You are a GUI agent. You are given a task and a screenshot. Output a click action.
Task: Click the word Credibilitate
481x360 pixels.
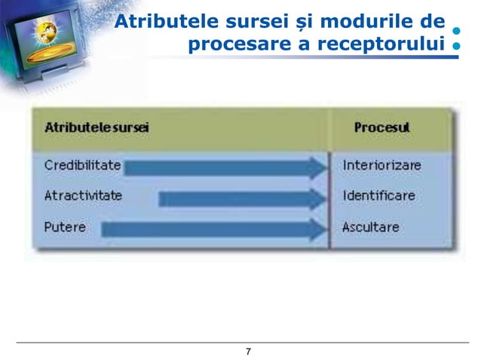pyautogui.click(x=82, y=165)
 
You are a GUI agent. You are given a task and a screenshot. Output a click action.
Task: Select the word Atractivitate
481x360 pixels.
pyautogui.click(x=83, y=196)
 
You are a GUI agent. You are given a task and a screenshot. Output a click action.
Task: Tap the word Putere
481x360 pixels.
pyautogui.click(x=65, y=227)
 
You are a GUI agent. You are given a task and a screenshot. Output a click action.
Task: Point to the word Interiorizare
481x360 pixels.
pyautogui.click(x=381, y=165)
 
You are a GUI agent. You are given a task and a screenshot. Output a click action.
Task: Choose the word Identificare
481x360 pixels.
pyautogui.click(x=378, y=196)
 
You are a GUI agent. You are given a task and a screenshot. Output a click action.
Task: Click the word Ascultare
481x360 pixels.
pyautogui.click(x=371, y=227)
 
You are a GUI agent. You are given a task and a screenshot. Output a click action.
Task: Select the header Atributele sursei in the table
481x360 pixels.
pyautogui.click(x=97, y=127)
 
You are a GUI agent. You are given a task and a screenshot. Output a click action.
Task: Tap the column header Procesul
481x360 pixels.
pyautogui.click(x=381, y=127)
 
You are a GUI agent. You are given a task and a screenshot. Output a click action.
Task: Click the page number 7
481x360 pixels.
pyautogui.click(x=248, y=352)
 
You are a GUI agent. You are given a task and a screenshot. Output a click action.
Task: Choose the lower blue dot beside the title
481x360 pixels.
pyautogui.click(x=456, y=46)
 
